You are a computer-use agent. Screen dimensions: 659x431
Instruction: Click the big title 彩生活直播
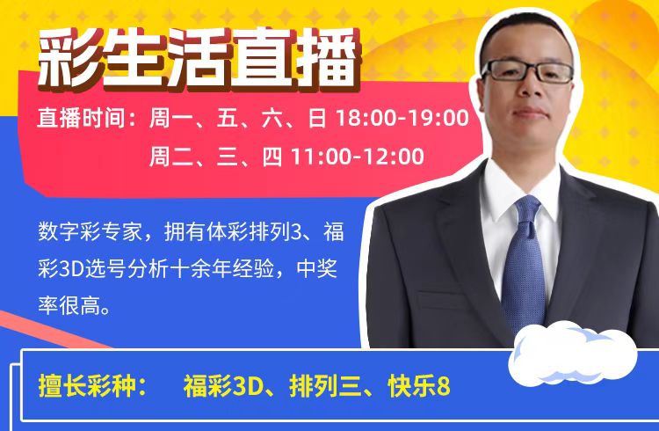(199, 59)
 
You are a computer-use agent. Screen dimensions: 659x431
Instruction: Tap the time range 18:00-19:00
(402, 118)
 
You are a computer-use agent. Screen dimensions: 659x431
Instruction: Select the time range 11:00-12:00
(358, 157)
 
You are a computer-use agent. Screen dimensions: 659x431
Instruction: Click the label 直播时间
(81, 118)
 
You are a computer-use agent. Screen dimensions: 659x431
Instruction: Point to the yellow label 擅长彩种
(87, 385)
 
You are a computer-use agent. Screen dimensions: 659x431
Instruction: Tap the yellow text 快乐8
(419, 385)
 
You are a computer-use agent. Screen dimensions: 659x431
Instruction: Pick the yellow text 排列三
(326, 385)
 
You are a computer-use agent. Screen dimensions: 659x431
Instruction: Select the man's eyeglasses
(528, 71)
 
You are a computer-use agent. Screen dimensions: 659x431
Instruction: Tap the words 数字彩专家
(90, 232)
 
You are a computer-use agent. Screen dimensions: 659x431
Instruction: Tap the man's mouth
(530, 113)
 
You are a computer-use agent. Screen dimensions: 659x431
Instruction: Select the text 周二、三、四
(216, 157)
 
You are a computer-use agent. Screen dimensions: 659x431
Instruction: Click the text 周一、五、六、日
(238, 118)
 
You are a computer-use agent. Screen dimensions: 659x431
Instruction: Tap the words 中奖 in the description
(317, 269)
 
